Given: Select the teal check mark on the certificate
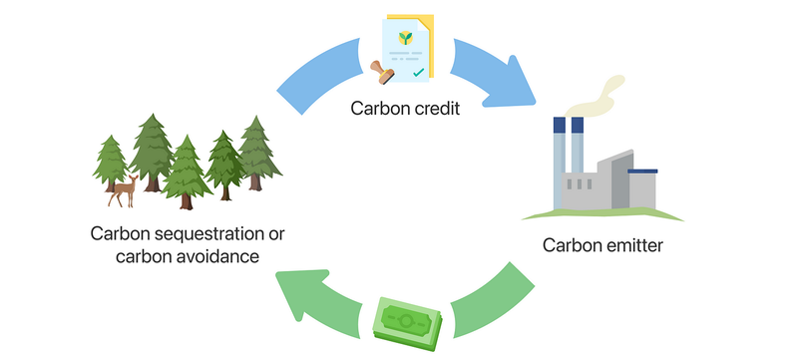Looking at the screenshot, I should [x=419, y=73].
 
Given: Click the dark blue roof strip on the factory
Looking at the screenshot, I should [x=642, y=172].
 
